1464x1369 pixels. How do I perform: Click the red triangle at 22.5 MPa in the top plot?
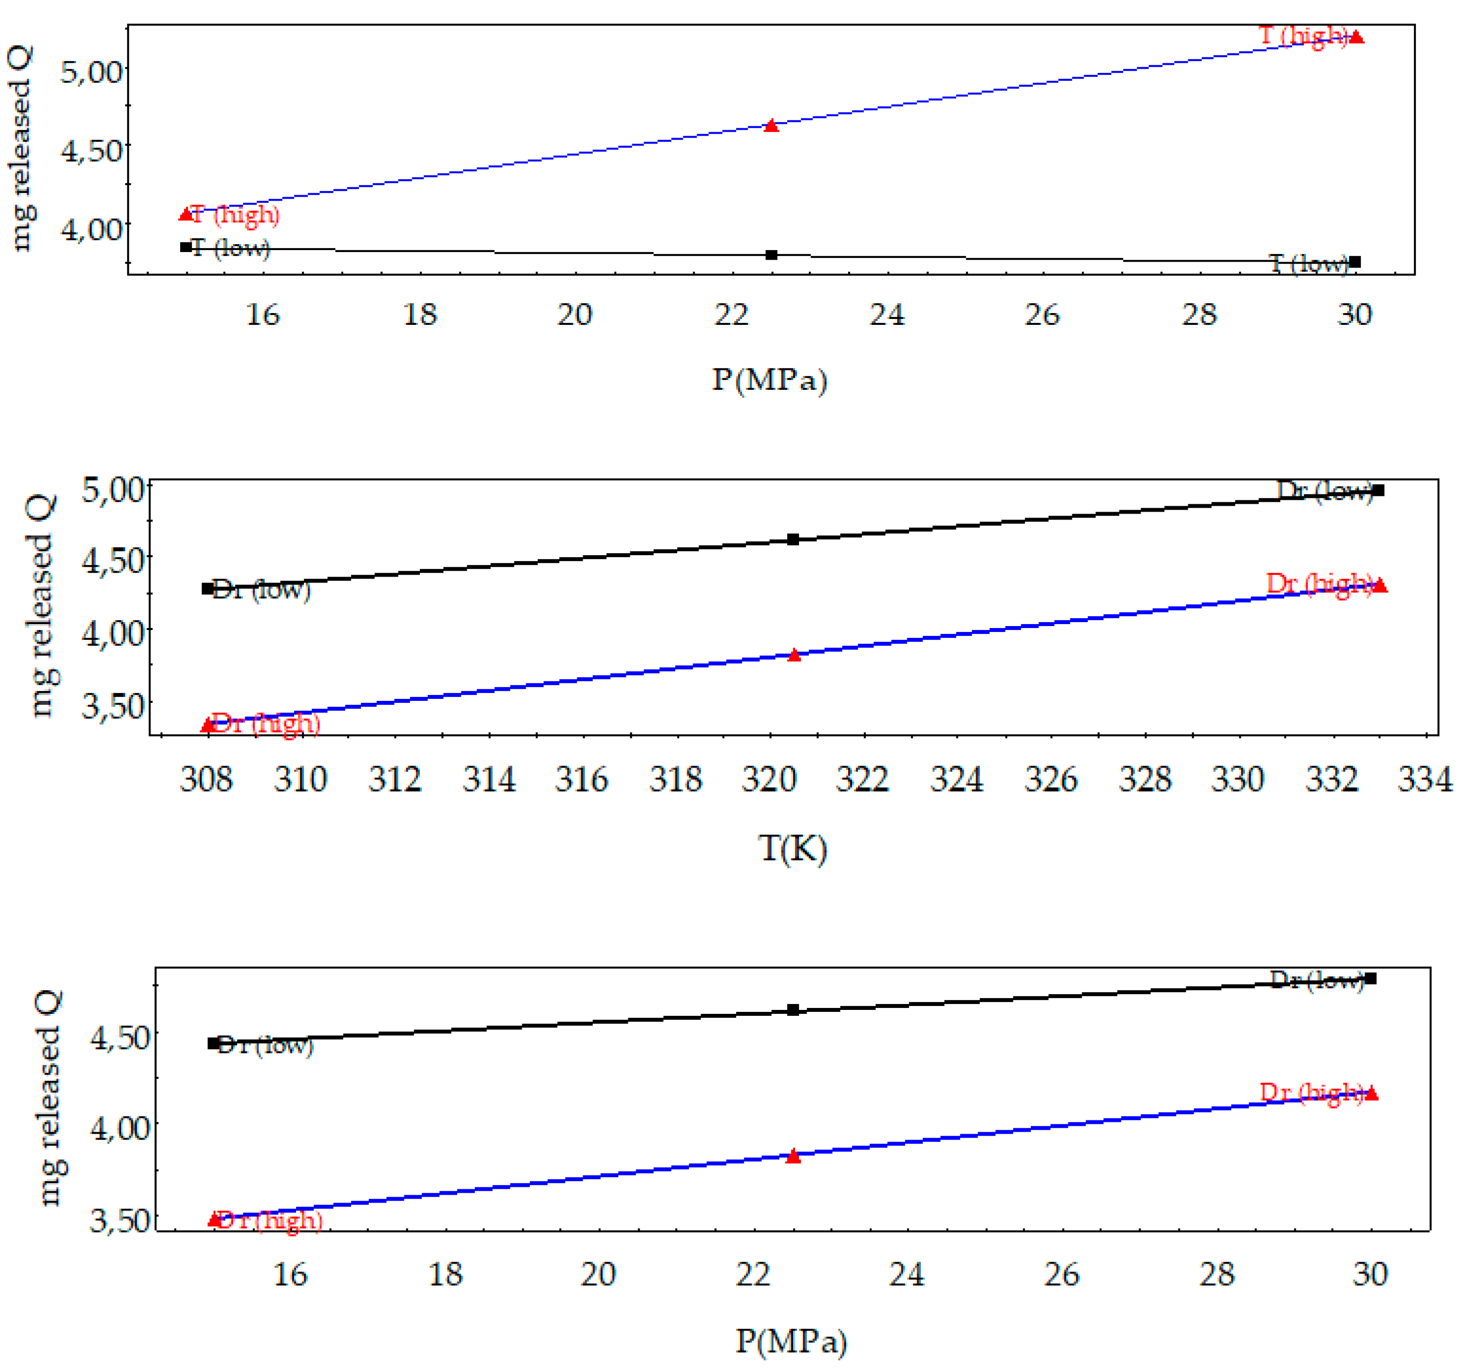pyautogui.click(x=771, y=126)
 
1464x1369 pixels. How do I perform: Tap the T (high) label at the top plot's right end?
pyautogui.click(x=1303, y=35)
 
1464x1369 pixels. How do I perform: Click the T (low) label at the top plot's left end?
pyautogui.click(x=231, y=248)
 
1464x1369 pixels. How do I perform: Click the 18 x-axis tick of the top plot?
pyautogui.click(x=420, y=316)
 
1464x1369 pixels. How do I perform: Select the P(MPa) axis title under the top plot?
pyautogui.click(x=769, y=380)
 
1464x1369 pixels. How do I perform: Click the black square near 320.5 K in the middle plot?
pyautogui.click(x=793, y=539)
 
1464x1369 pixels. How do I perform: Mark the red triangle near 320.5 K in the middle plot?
pyautogui.click(x=794, y=655)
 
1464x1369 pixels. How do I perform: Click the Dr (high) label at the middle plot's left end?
pyautogui.click(x=265, y=724)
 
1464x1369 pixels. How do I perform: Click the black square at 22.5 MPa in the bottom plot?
pyautogui.click(x=793, y=1009)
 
